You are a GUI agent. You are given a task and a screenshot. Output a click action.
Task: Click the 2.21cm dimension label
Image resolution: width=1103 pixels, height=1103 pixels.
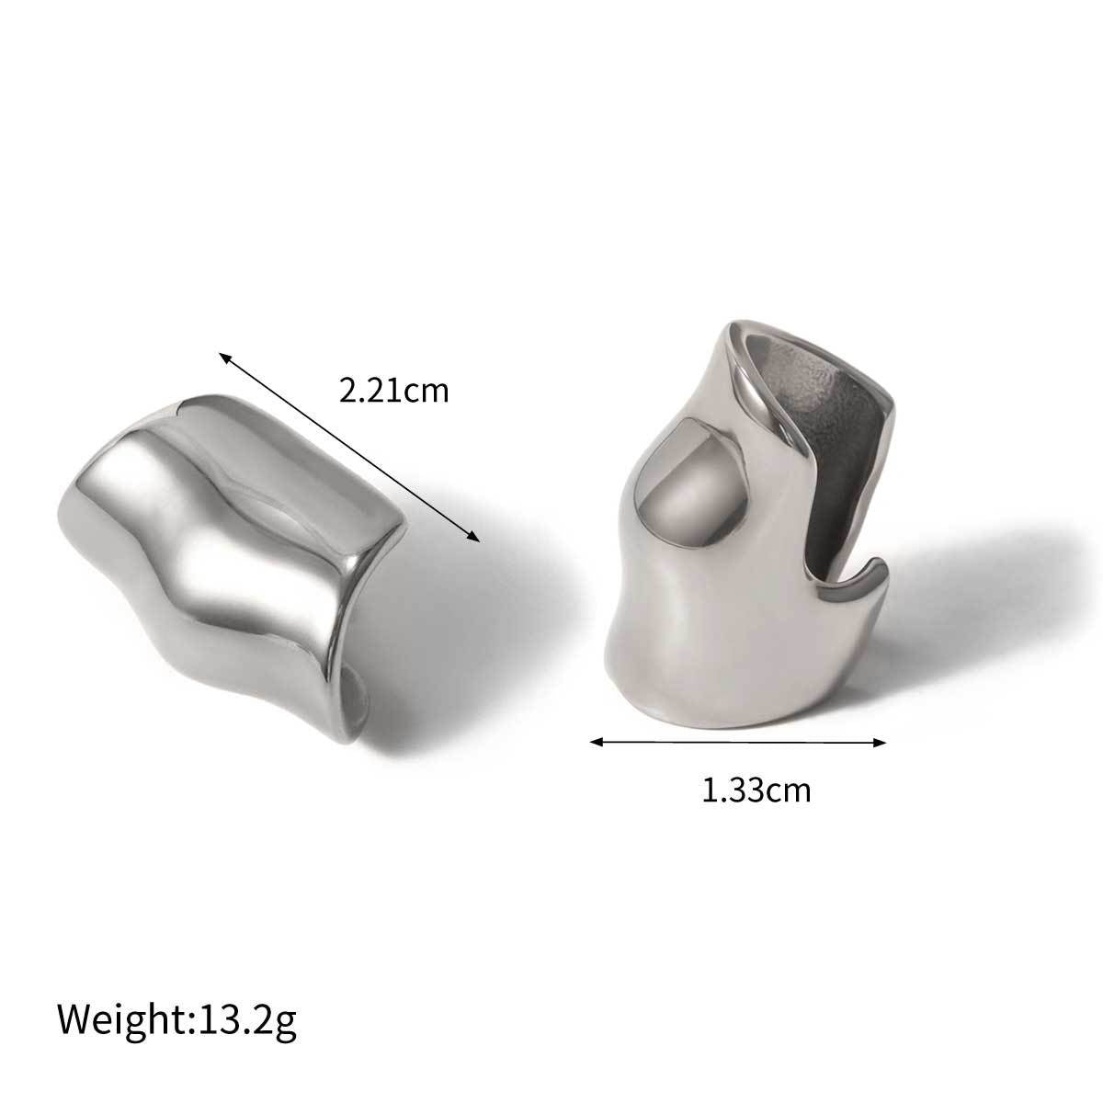(x=393, y=392)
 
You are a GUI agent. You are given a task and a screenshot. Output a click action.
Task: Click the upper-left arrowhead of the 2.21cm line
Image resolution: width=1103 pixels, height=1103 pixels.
(x=222, y=355)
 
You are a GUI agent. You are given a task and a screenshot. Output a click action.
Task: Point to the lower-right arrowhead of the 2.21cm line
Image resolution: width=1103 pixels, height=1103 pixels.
(x=475, y=539)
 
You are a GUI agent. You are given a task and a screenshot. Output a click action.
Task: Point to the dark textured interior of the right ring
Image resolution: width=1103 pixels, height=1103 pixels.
(x=818, y=386)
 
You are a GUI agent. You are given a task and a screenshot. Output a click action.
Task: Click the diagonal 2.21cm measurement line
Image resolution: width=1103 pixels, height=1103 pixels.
(x=349, y=447)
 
